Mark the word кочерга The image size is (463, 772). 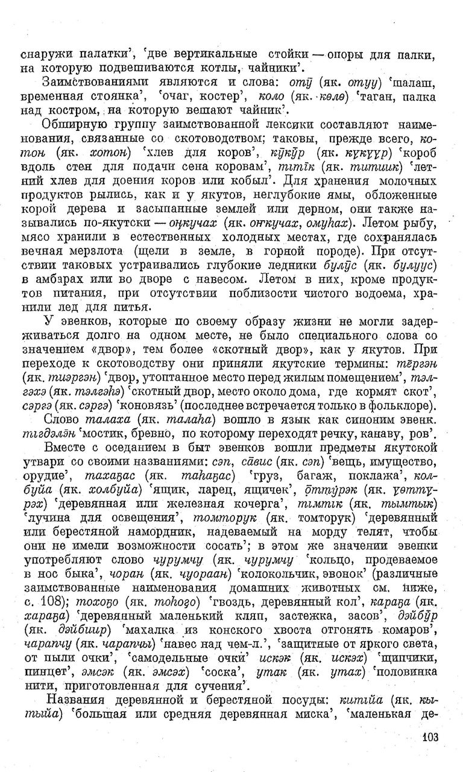(261, 504)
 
